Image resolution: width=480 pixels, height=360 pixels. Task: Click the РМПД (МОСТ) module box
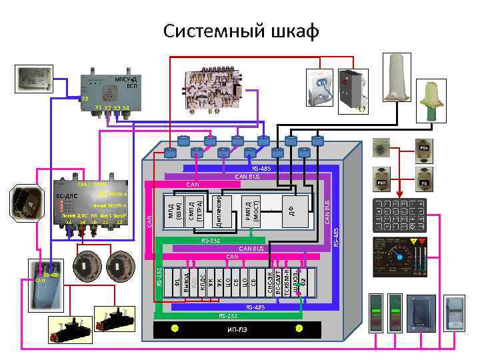251,211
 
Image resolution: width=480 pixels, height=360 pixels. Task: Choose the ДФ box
291,211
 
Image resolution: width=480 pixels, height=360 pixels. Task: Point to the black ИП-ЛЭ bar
237,329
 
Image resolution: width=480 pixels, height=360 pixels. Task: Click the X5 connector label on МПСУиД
84,99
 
